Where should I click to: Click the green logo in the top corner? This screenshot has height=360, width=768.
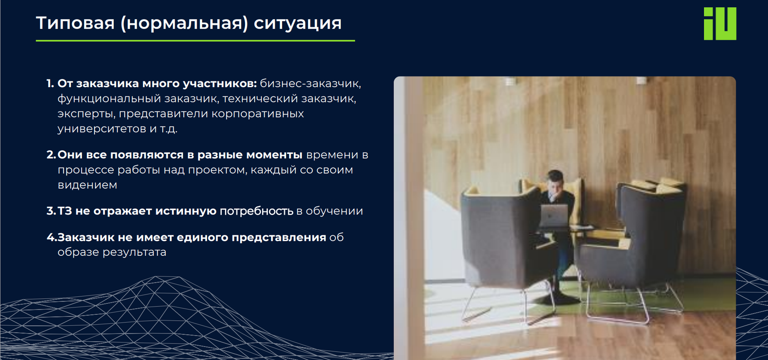(x=720, y=24)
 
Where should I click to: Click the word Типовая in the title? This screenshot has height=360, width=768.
(x=75, y=23)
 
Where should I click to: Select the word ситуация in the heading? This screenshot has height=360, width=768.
(x=298, y=23)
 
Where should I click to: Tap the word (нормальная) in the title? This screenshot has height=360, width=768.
(x=184, y=23)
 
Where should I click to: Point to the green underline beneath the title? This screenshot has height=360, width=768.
(x=195, y=41)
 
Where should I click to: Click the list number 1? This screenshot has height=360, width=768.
(x=50, y=84)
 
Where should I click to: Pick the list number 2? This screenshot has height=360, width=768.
(x=51, y=155)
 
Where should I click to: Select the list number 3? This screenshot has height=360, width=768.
(x=51, y=211)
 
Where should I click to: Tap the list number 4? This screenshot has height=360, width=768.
(x=51, y=238)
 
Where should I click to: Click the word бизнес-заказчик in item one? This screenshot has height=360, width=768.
(x=310, y=84)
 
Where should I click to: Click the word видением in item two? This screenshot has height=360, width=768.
(x=87, y=185)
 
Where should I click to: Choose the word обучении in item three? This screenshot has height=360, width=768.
(x=334, y=211)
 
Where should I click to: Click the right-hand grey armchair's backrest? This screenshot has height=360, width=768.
(x=649, y=215)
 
